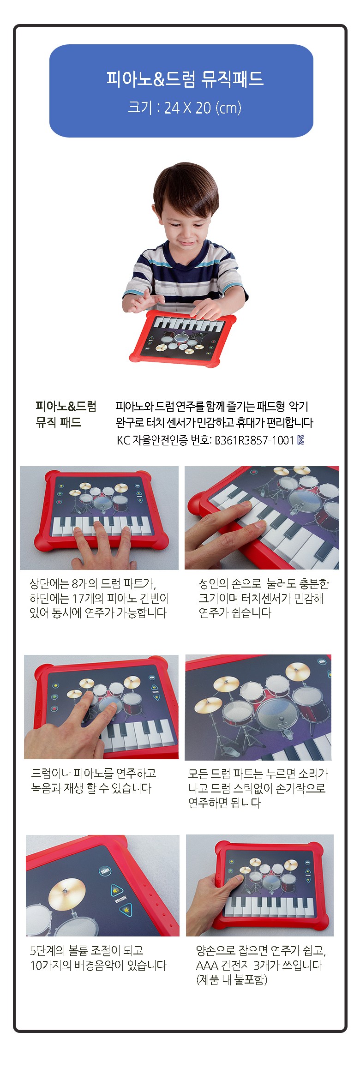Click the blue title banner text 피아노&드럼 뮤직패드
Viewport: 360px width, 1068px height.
(x=185, y=78)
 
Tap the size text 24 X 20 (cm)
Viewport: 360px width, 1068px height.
(x=203, y=108)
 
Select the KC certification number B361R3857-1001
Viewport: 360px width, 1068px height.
(x=254, y=440)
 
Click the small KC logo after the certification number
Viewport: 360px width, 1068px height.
(x=300, y=440)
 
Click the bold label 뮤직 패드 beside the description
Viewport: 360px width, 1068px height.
(x=58, y=422)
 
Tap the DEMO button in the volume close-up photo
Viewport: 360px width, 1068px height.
(x=105, y=871)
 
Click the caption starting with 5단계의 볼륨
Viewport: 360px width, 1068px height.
(x=98, y=958)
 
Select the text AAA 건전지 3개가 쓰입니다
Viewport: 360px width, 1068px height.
(x=259, y=965)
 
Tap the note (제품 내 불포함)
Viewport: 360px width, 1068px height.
(x=232, y=980)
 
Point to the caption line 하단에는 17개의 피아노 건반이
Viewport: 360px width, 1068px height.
(x=99, y=599)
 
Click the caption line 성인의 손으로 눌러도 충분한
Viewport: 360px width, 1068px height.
(x=264, y=584)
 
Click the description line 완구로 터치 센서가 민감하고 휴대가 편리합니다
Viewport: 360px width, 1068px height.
(x=214, y=422)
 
